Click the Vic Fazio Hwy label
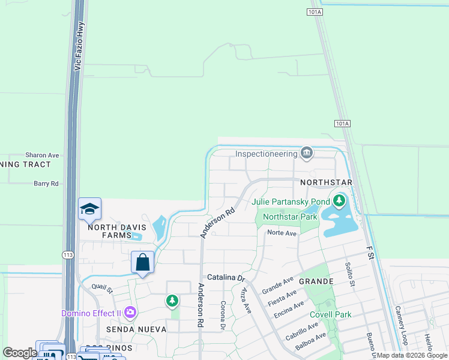(x=77, y=49)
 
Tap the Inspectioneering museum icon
(x=307, y=154)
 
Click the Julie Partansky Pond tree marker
(x=340, y=200)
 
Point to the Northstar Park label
(x=290, y=217)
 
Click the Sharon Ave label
(x=42, y=155)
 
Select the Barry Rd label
(x=46, y=184)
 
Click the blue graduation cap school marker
(x=89, y=209)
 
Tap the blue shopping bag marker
(x=143, y=262)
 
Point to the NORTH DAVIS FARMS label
(x=109, y=231)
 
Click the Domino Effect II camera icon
(x=130, y=313)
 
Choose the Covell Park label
(x=330, y=314)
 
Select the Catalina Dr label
(x=227, y=278)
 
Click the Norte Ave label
(x=282, y=233)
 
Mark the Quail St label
(x=103, y=289)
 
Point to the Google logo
(x=20, y=353)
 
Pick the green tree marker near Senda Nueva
(x=172, y=299)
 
